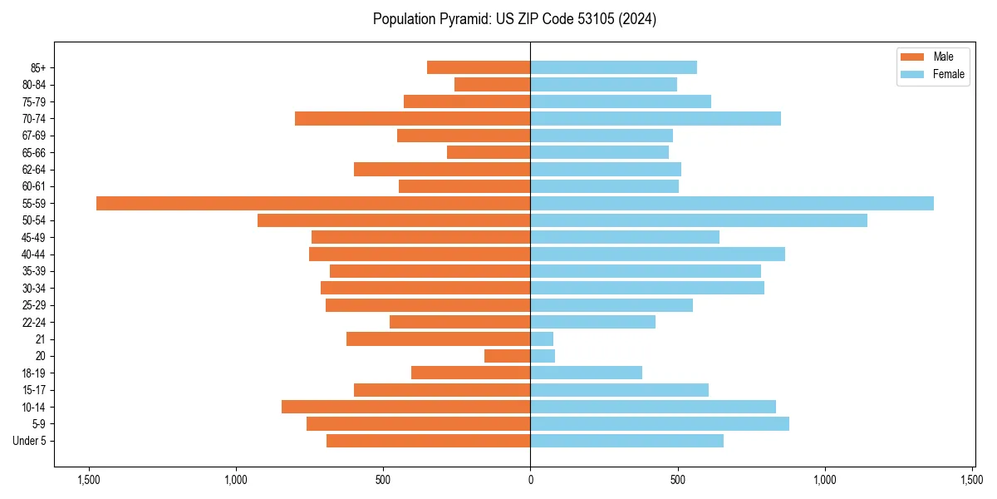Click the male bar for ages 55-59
coord(313,203)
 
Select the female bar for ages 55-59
coord(732,203)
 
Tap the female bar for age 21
coord(542,338)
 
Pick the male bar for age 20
coord(508,356)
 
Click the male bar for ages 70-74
coord(413,118)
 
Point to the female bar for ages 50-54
coord(699,220)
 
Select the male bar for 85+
coord(479,67)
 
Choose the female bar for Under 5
coord(627,441)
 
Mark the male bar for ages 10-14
coord(406,407)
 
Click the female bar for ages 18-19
coord(587,373)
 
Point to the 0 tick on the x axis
coord(530,480)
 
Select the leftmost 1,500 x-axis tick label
coord(88,480)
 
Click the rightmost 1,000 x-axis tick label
coord(825,480)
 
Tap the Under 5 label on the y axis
coord(29,441)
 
